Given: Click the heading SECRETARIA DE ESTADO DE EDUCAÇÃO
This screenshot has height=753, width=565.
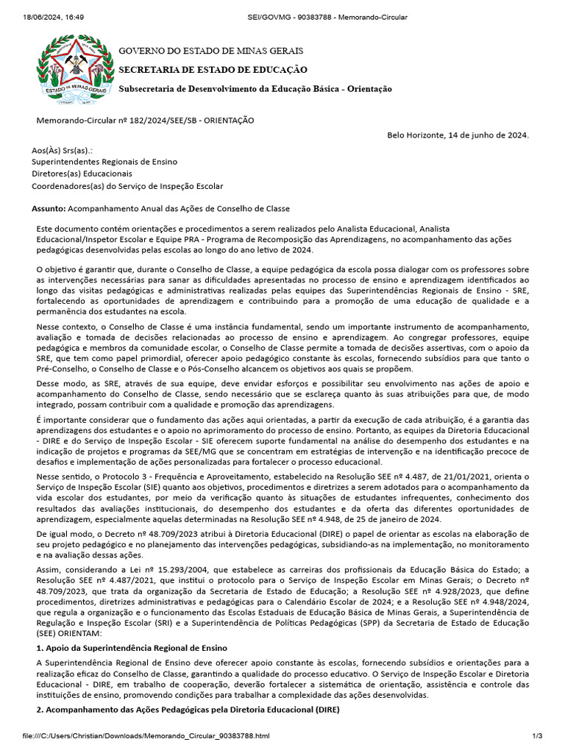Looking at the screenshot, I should [213, 69].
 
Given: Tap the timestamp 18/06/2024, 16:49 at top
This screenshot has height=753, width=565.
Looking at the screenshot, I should [43, 17].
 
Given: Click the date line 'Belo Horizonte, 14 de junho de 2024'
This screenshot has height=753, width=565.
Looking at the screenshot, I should [458, 135].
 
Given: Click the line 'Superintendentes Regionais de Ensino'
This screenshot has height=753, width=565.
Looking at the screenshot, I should [104, 162].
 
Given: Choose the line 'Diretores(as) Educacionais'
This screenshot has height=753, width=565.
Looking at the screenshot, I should [82, 174].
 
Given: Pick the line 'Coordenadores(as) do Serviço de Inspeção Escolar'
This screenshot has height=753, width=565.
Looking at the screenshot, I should [127, 187].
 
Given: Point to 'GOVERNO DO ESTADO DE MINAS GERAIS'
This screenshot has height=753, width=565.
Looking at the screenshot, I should [210, 51].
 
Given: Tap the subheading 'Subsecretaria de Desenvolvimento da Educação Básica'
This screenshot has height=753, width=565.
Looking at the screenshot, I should [255, 88].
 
